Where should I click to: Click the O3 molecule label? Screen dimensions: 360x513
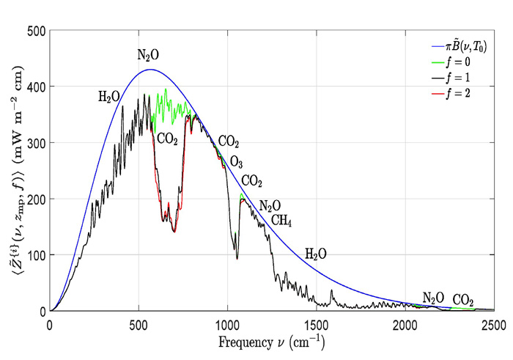click(237, 161)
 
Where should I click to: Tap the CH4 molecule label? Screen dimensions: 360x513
click(282, 220)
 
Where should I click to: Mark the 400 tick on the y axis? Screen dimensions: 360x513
click(35, 87)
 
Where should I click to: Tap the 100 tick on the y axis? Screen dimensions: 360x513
click(35, 255)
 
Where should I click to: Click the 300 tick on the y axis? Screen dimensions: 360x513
click(35, 143)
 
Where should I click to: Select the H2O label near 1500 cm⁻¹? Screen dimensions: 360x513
click(316, 254)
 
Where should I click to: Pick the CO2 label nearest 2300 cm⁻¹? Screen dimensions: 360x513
click(462, 300)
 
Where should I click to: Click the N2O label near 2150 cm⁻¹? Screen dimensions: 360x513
click(433, 298)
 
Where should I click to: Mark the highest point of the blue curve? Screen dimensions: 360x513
click(150, 70)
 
